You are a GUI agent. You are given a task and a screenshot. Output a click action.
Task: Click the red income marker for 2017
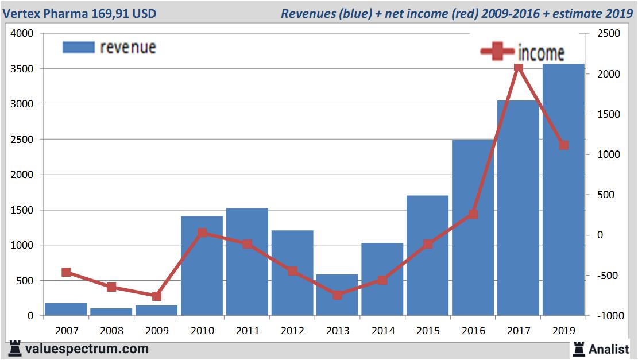[x=518, y=68]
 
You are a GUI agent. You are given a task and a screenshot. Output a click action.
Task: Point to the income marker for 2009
[x=157, y=296]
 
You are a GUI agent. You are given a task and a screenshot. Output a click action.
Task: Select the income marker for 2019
[x=563, y=145]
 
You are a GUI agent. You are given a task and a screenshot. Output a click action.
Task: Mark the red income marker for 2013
[x=338, y=295]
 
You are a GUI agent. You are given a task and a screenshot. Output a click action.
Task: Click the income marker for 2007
[x=66, y=272]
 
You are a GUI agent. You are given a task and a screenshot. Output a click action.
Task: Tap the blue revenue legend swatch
[x=78, y=47]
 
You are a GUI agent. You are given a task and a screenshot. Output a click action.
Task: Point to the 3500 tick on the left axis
[x=23, y=69]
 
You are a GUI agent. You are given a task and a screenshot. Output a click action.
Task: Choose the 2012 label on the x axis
[x=292, y=331]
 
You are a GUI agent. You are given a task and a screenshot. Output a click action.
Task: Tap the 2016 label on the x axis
[x=473, y=331]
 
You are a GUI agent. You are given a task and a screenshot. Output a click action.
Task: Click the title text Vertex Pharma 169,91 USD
[x=79, y=13]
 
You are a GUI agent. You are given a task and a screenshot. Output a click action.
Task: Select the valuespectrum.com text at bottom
[x=86, y=349]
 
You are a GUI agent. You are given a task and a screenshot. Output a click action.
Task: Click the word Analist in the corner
[x=608, y=349]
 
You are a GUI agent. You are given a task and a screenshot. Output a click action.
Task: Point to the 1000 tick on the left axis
[x=23, y=245]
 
